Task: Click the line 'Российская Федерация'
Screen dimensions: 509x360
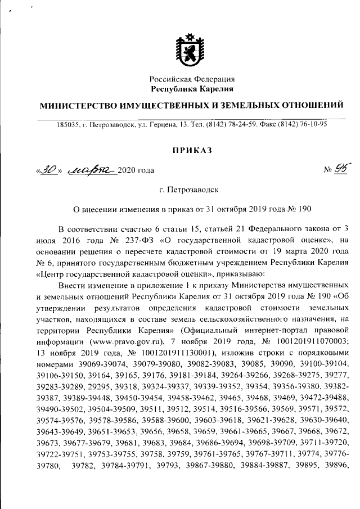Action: pos(192,79)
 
